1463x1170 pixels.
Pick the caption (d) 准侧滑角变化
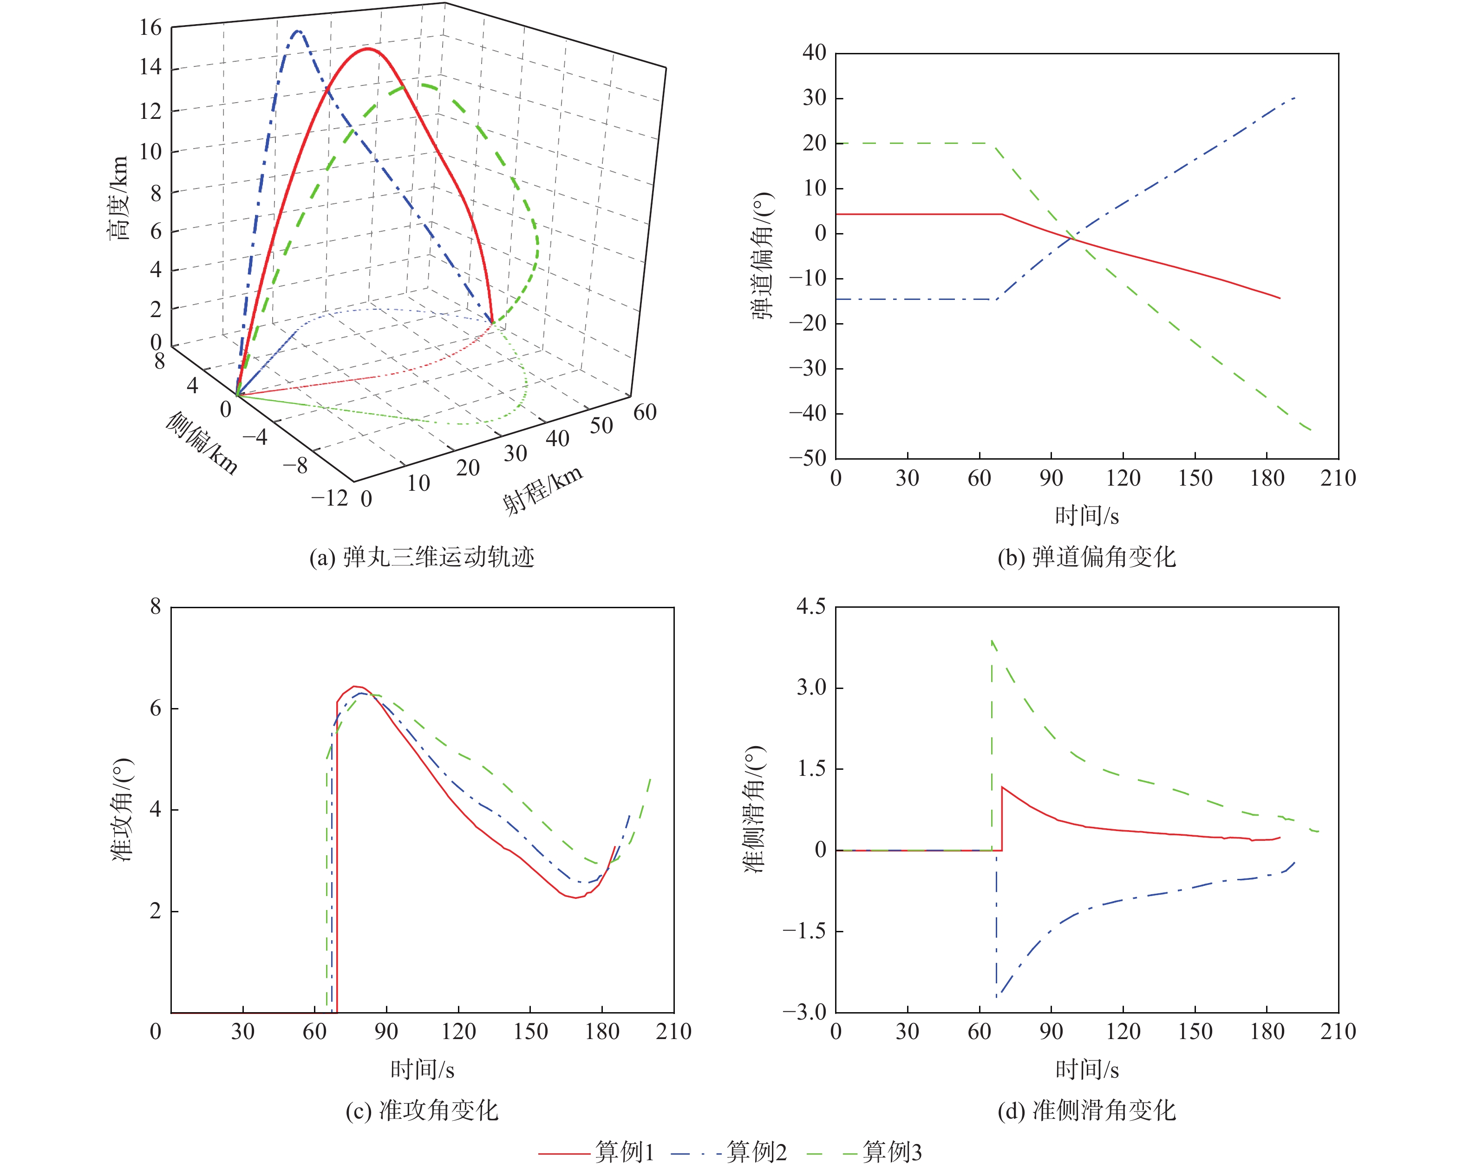(x=1086, y=1110)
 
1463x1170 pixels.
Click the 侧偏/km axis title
(x=202, y=442)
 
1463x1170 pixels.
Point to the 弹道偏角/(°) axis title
(x=762, y=255)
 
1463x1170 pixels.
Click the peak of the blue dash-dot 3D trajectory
(x=297, y=31)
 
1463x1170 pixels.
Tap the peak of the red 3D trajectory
(x=367, y=49)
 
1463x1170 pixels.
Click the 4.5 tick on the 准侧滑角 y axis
(x=811, y=606)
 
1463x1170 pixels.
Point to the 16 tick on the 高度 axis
(x=150, y=28)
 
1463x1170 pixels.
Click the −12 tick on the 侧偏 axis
(x=330, y=499)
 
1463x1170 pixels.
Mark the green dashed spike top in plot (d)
(x=992, y=640)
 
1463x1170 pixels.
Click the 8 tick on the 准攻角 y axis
(x=156, y=606)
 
